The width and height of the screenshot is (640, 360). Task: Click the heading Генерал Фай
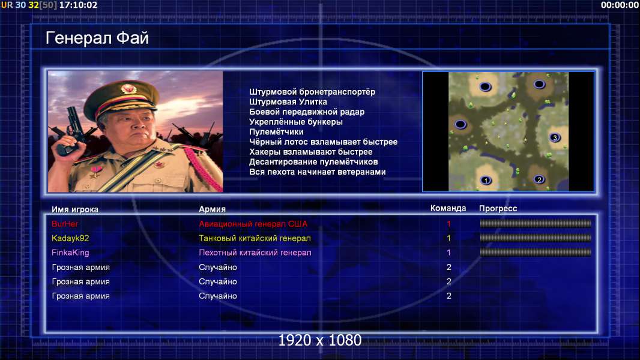[x=97, y=38]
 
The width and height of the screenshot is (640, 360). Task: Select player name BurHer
[x=65, y=224]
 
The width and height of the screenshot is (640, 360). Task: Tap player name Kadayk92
[x=70, y=238]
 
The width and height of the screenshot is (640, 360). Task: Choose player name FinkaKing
[x=70, y=253]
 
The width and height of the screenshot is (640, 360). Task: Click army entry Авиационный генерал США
[x=253, y=224]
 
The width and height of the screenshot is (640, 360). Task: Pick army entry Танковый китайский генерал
[x=255, y=238]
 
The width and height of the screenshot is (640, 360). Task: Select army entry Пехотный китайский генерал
[x=255, y=253]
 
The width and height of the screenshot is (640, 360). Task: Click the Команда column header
[x=448, y=208]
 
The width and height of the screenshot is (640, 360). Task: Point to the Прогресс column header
[x=498, y=209]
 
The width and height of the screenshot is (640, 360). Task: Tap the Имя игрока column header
[x=74, y=209]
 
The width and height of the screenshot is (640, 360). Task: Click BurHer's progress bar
[x=536, y=223]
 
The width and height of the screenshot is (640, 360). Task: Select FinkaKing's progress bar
[x=536, y=253]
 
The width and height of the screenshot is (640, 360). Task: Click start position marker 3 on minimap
[x=555, y=137]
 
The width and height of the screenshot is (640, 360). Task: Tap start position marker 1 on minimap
[x=486, y=180]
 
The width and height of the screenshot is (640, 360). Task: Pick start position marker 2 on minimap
[x=539, y=179]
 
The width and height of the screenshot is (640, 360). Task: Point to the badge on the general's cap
[x=128, y=88]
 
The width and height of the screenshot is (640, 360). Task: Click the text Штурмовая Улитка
[x=288, y=102]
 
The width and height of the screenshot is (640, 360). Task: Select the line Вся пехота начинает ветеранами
[x=318, y=172]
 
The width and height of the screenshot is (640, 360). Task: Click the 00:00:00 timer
[x=620, y=5]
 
